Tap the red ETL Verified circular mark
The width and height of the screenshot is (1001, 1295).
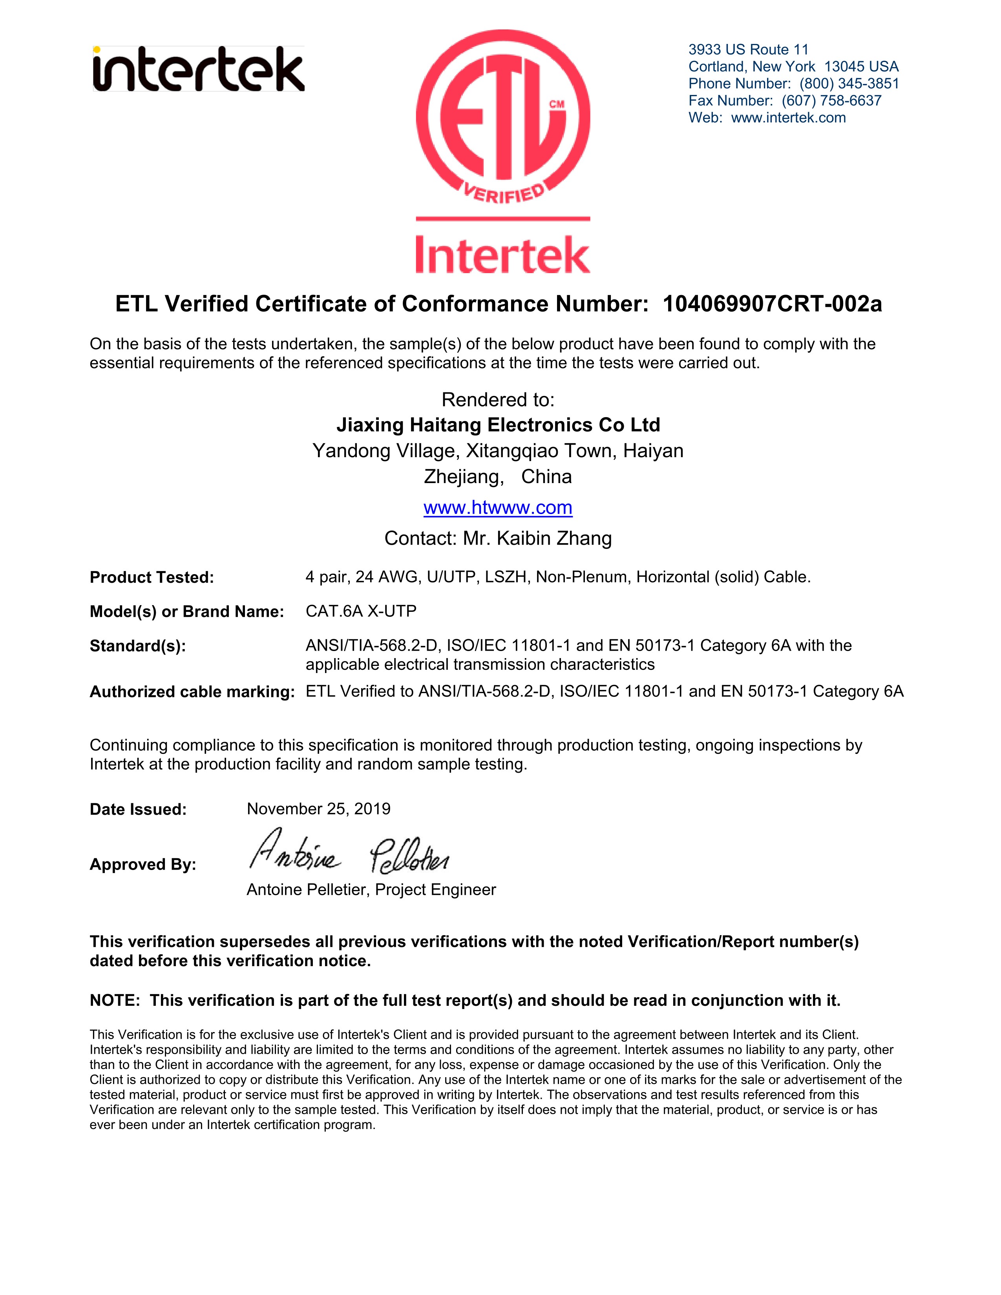click(x=503, y=116)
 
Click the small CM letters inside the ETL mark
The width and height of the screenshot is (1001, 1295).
click(x=556, y=104)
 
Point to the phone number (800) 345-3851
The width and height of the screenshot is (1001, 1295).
click(x=849, y=84)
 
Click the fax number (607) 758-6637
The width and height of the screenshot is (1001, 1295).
click(x=831, y=101)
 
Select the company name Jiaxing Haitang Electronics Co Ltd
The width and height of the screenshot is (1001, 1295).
click(x=498, y=425)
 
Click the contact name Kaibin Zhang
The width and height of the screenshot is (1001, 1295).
click(x=554, y=538)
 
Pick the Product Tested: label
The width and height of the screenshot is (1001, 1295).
click(x=152, y=578)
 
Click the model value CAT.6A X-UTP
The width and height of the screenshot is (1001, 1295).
click(x=361, y=611)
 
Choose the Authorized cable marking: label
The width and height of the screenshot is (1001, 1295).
click(x=192, y=692)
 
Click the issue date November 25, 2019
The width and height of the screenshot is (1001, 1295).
click(x=318, y=809)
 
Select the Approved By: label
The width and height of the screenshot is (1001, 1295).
click(x=143, y=865)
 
